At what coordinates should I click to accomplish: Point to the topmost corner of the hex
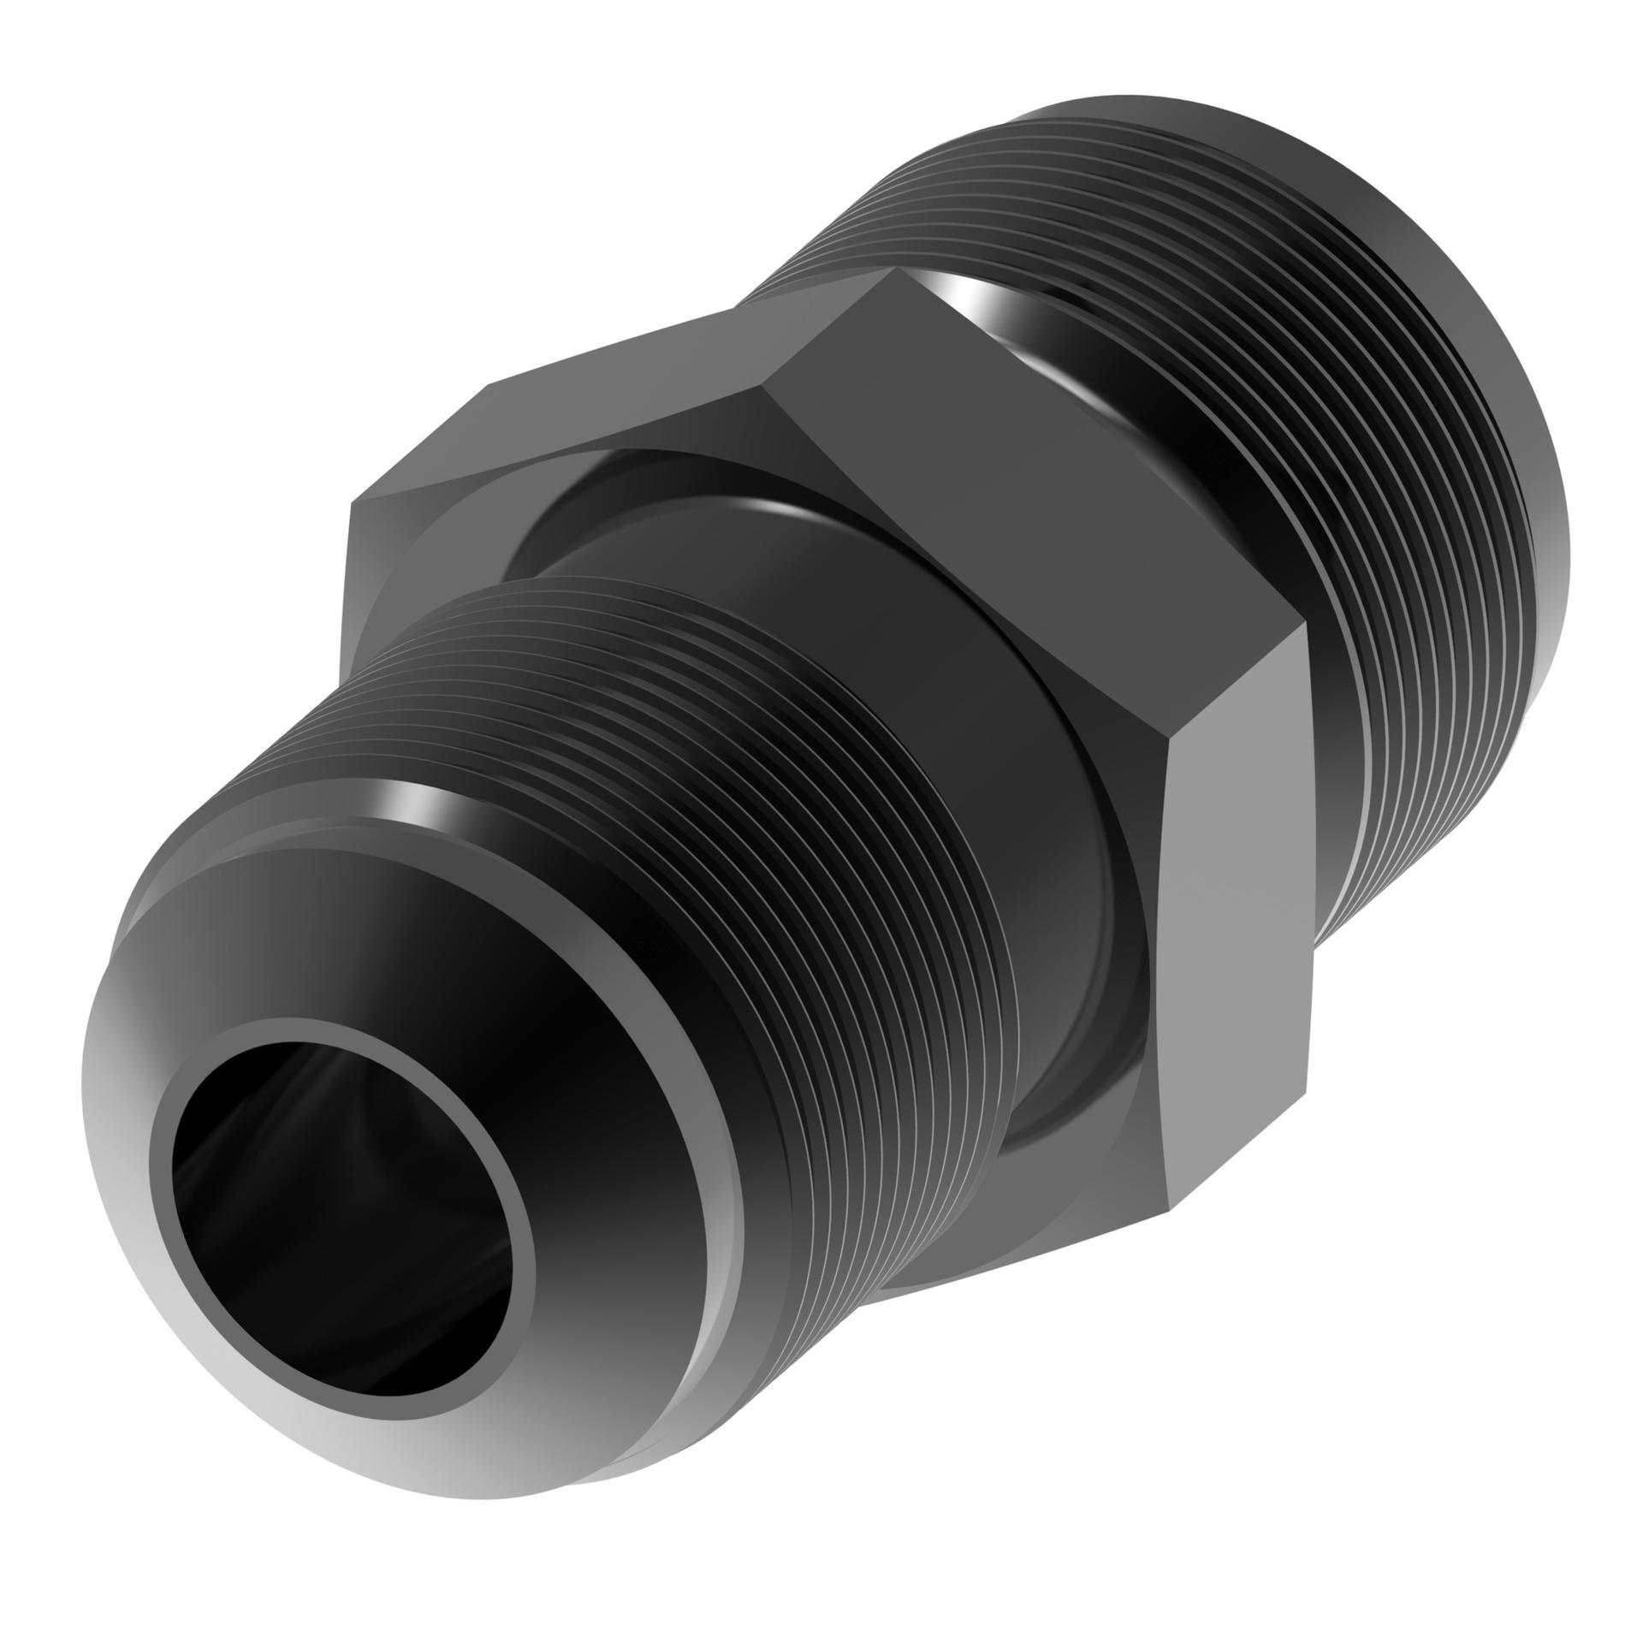click(x=890, y=272)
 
